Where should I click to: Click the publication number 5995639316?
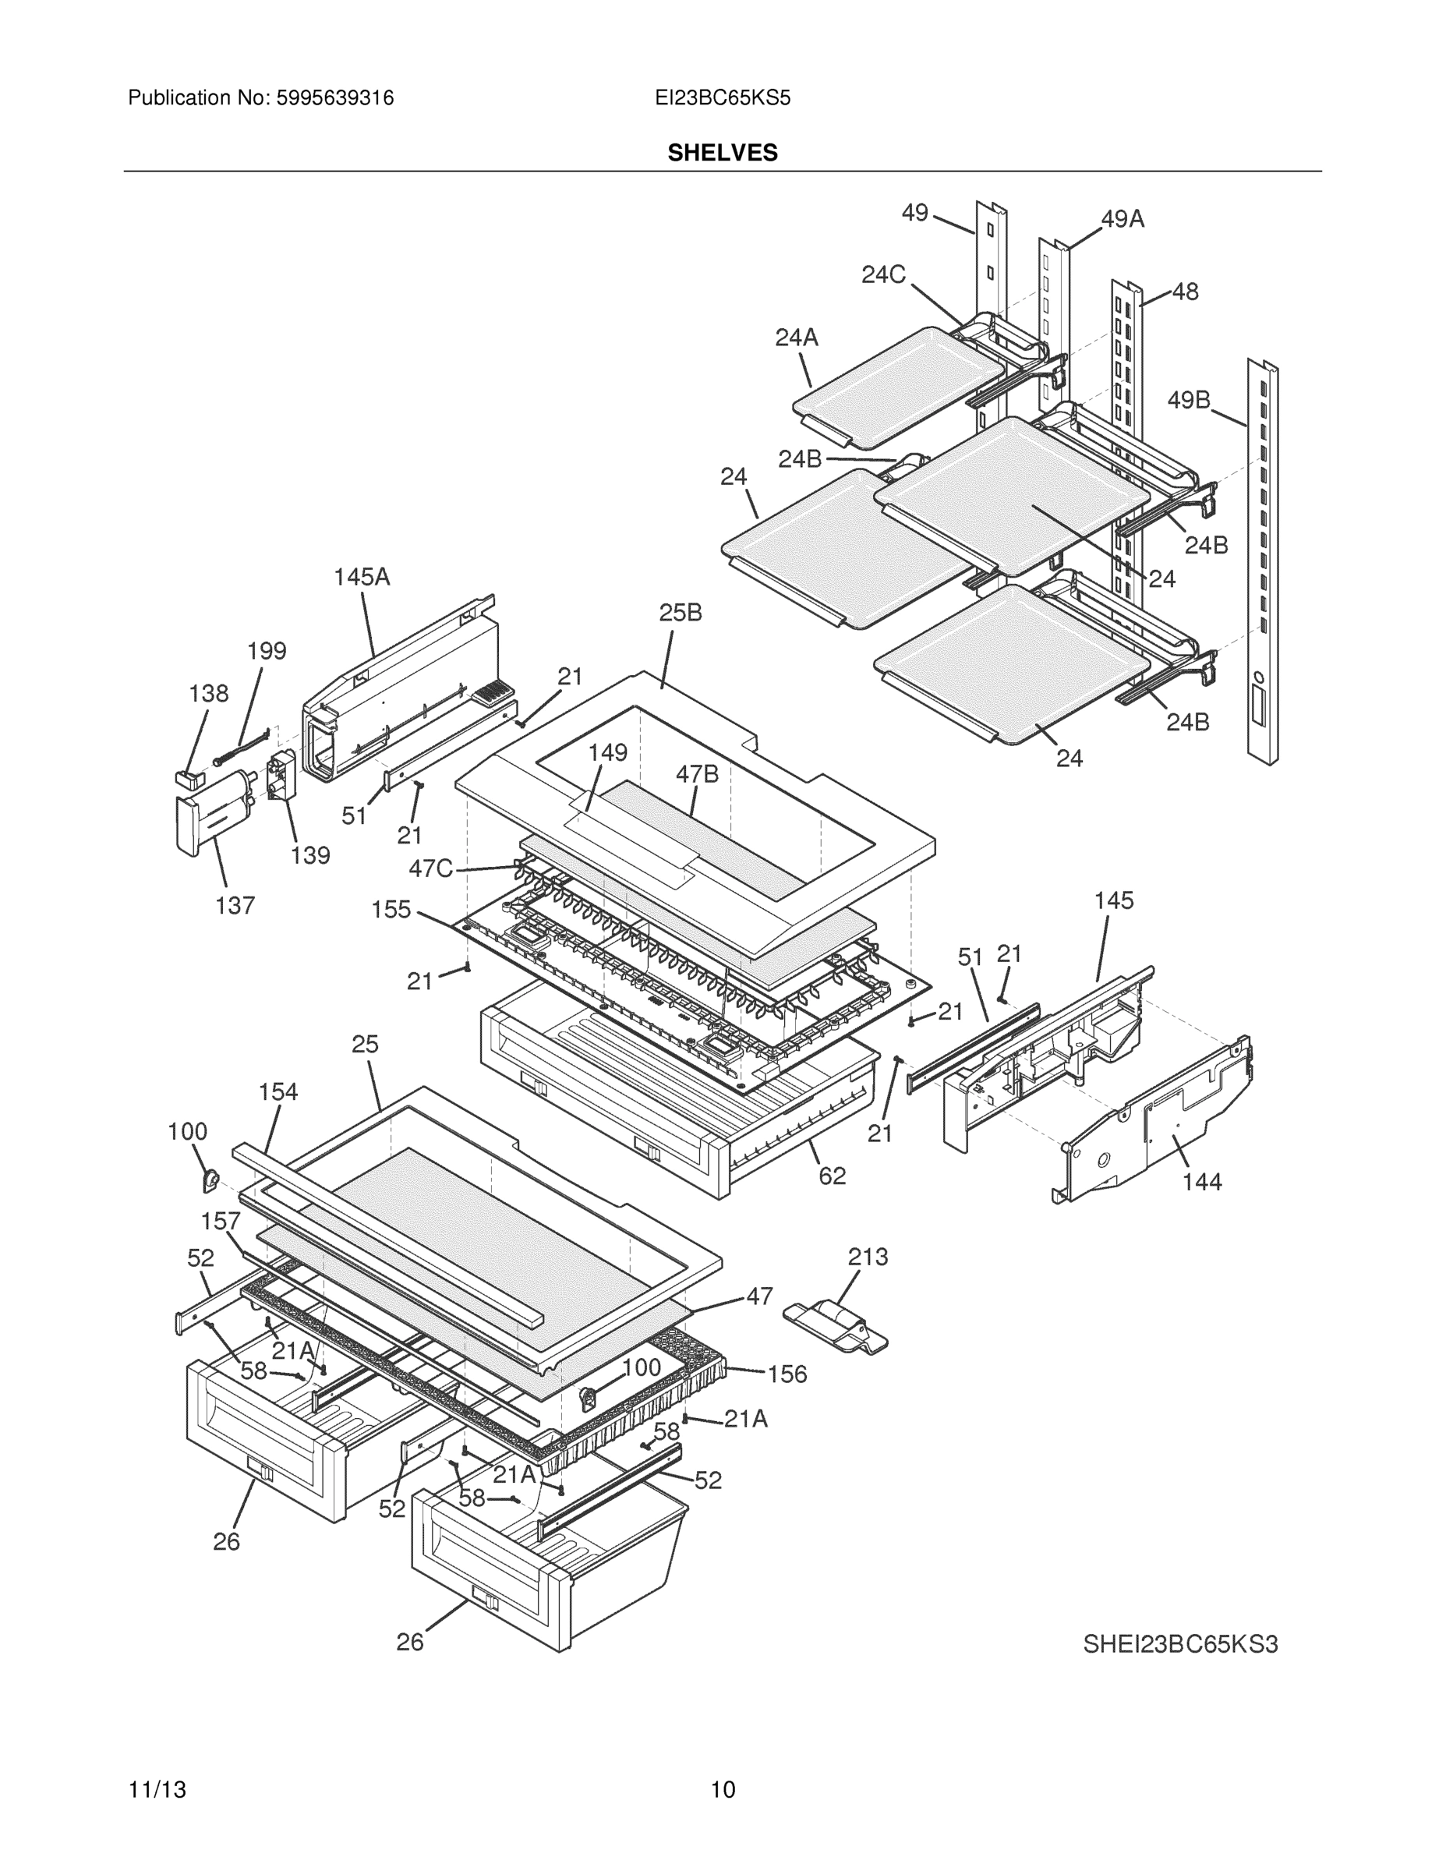tap(334, 98)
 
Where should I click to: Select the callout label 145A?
tap(362, 578)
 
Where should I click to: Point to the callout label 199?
tap(267, 651)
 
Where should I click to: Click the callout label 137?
tap(235, 906)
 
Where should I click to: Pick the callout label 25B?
tap(681, 613)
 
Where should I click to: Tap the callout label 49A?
tap(1123, 220)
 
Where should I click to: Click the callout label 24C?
tap(883, 275)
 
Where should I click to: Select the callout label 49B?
tap(1189, 400)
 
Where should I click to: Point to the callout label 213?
tap(868, 1257)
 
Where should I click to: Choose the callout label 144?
tap(1202, 1182)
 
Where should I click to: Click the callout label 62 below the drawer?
tap(832, 1176)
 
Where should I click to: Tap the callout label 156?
tap(787, 1374)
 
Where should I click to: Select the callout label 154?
tap(278, 1092)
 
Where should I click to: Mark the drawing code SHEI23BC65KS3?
tap(1180, 1645)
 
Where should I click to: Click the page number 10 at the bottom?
tap(723, 1790)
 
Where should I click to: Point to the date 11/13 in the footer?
tap(157, 1790)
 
